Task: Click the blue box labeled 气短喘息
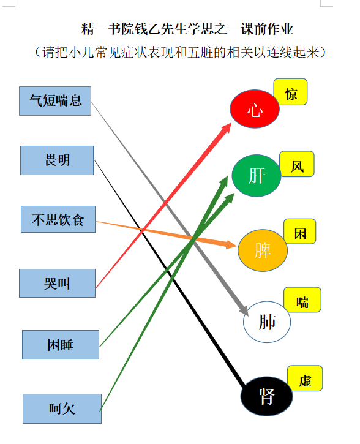[x=55, y=101]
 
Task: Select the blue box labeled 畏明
[x=57, y=160]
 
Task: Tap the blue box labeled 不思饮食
[x=58, y=219]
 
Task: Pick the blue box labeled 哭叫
[x=57, y=283]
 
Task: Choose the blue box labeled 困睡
[x=61, y=345]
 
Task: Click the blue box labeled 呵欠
[x=62, y=408]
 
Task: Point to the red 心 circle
[x=255, y=109]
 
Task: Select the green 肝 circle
[x=257, y=176]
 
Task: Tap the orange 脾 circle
[x=263, y=250]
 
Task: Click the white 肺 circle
[x=267, y=322]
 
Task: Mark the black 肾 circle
[x=266, y=396]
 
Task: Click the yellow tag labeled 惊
[x=290, y=92]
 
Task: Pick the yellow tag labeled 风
[x=297, y=164]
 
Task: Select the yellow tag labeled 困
[x=300, y=231]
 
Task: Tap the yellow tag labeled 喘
[x=302, y=300]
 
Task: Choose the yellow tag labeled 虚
[x=305, y=378]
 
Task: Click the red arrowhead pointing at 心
[x=227, y=128]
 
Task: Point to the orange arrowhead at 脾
[x=231, y=244]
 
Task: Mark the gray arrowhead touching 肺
[x=244, y=310]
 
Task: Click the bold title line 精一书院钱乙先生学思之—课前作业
[x=187, y=29]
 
